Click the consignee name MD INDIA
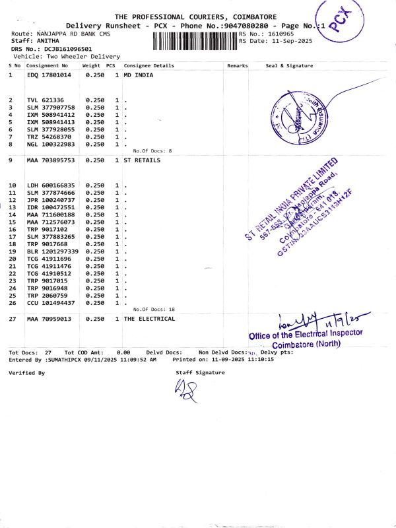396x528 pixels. click(138, 76)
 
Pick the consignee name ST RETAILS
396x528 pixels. click(142, 160)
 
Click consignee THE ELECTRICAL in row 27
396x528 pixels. click(149, 319)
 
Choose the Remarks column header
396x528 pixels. click(237, 66)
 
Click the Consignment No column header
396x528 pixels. click(47, 66)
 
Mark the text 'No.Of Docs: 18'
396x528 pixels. click(154, 310)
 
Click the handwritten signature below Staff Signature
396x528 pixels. click(184, 394)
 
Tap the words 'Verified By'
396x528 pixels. click(26, 373)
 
